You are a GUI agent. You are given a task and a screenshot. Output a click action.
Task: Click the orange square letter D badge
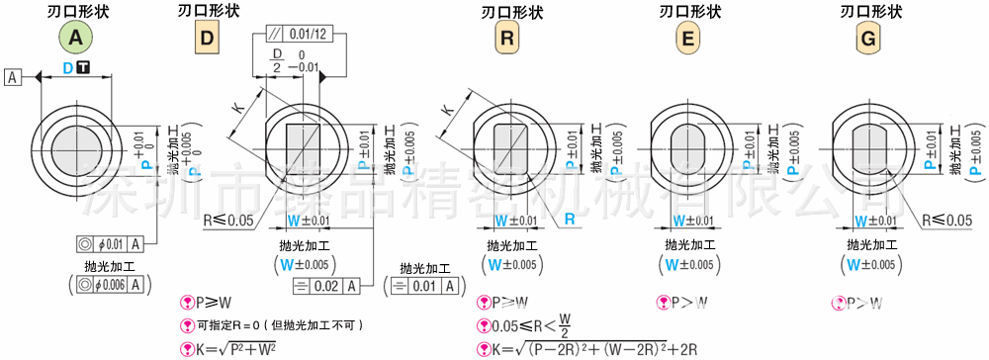[208, 40]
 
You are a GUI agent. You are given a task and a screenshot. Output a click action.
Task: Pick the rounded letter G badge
[868, 40]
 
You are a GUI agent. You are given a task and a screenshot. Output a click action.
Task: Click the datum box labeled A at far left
[14, 76]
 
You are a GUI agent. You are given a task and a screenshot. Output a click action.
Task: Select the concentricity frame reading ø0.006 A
[111, 284]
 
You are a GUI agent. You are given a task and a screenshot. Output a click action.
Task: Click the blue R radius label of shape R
[571, 219]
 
